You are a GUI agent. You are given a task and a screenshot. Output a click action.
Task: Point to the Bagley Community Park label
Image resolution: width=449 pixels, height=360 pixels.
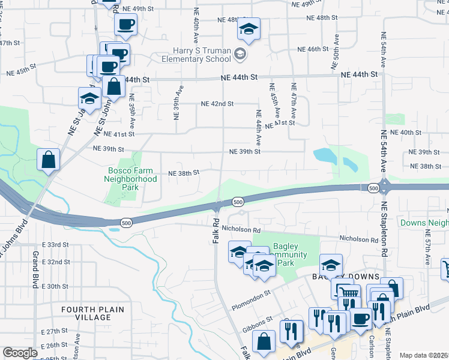pos(290,255)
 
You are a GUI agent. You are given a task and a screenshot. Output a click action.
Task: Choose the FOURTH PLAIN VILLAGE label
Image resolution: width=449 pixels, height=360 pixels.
pos(93,313)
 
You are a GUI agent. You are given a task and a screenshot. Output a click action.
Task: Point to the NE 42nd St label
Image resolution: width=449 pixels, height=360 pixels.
pos(217,104)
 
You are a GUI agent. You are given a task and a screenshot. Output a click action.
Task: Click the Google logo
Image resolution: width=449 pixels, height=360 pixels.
pos(20,353)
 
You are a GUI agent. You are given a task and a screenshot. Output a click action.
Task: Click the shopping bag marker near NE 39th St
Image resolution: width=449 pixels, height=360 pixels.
pos(48,160)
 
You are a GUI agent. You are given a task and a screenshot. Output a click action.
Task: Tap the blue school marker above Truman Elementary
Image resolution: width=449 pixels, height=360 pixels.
pos(249,29)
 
